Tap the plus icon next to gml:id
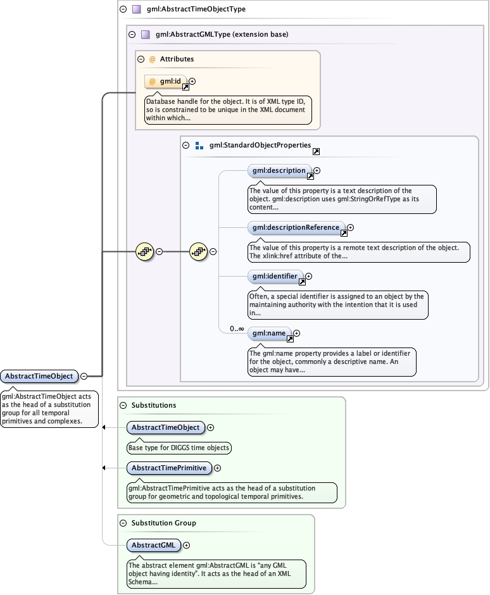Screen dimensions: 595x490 [192, 81]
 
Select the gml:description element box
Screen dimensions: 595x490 [279, 170]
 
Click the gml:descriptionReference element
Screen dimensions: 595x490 [296, 227]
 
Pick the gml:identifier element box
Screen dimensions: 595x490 [275, 276]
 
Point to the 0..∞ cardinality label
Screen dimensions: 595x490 [237, 329]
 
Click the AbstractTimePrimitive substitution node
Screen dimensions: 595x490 [169, 468]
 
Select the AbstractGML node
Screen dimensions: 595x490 [154, 545]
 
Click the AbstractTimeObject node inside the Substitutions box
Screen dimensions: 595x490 [165, 427]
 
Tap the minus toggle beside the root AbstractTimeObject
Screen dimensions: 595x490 [84, 377]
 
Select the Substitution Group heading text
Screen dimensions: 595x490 [163, 523]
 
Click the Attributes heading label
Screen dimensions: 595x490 [177, 59]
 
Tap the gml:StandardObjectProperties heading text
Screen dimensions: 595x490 [260, 145]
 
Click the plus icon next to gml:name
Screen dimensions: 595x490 [296, 333]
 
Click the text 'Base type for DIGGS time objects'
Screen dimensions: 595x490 [179, 448]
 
